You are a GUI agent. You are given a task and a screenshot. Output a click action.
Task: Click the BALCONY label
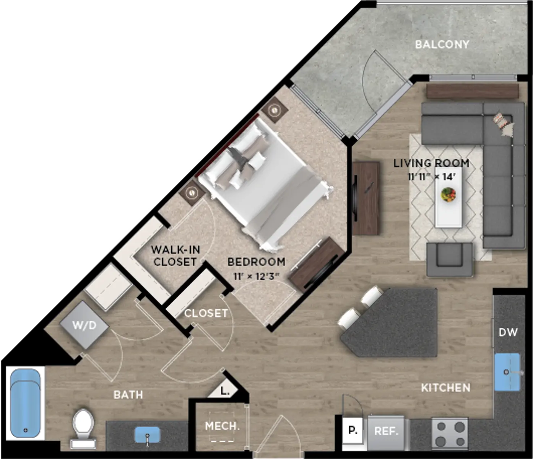(442, 45)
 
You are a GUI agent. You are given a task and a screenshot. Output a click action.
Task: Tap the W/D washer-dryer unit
(84, 326)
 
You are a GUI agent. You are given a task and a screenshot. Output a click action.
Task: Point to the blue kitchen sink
(507, 372)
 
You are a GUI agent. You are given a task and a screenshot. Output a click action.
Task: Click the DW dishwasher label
(508, 332)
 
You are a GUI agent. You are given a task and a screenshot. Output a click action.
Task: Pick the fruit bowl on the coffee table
(448, 194)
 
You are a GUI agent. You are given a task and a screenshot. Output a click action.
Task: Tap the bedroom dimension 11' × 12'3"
(256, 277)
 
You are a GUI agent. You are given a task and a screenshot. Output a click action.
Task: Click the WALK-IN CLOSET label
(175, 256)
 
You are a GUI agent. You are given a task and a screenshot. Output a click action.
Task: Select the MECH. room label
(222, 426)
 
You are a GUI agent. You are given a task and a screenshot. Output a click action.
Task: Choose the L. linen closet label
(225, 391)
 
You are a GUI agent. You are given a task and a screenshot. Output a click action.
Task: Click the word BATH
(128, 394)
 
